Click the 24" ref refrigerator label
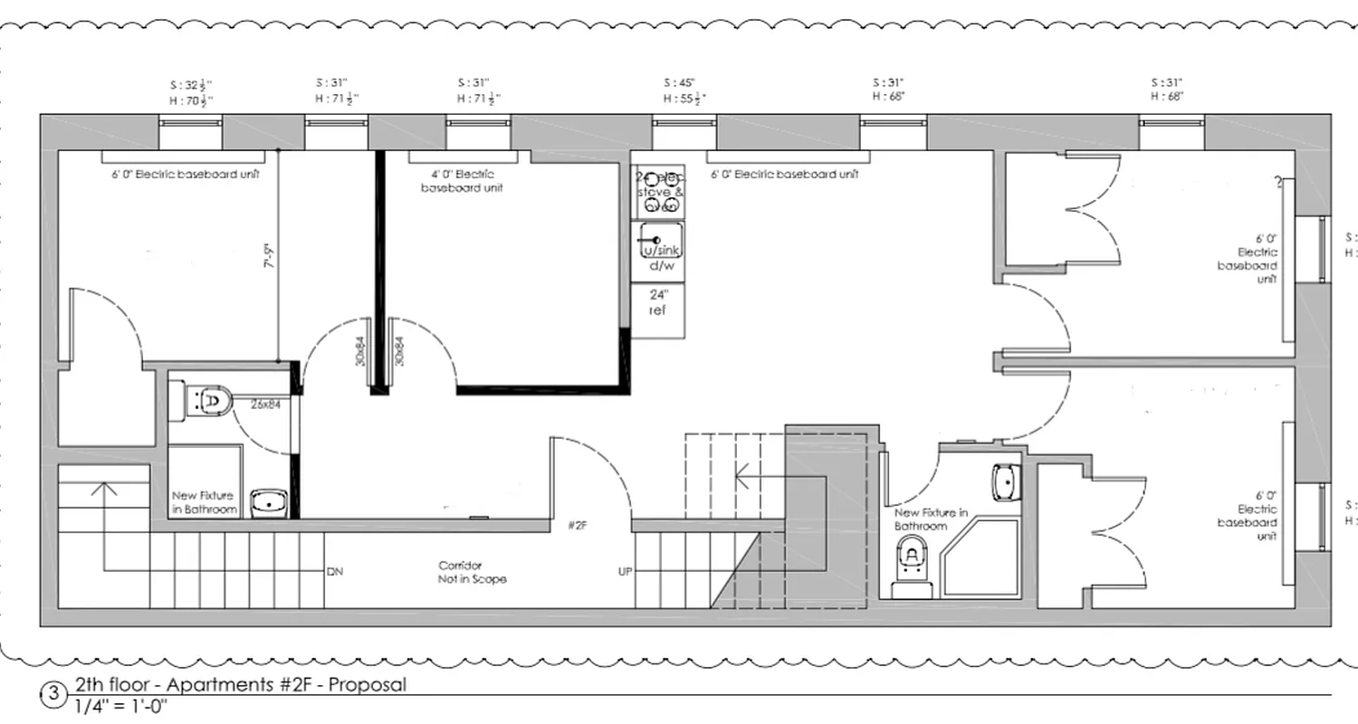tap(657, 302)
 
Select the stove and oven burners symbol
tap(658, 192)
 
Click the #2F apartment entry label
tap(579, 526)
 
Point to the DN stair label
tap(335, 572)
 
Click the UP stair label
tap(625, 572)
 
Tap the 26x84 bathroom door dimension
tap(265, 405)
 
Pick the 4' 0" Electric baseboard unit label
tap(462, 181)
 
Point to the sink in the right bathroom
tap(1005, 482)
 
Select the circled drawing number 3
tap(53, 694)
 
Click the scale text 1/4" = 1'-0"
tap(122, 706)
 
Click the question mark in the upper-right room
tap(1279, 183)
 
